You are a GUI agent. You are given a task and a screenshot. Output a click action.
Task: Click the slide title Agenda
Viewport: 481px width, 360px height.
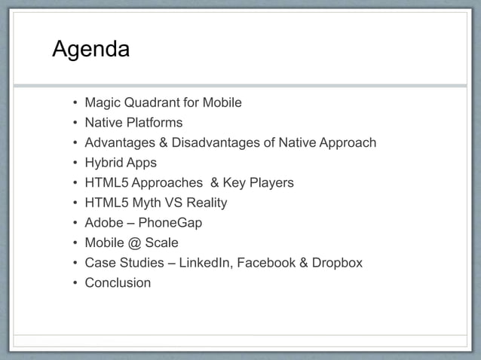(x=90, y=50)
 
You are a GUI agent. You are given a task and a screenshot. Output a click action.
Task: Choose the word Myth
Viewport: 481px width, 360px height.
(x=149, y=203)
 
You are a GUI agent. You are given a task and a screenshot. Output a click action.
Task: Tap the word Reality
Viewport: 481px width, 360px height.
(x=205, y=203)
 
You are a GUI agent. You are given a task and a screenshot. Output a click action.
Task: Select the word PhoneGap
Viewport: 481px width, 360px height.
(x=170, y=223)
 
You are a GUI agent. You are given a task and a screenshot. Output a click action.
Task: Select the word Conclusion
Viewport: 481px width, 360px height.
(x=118, y=283)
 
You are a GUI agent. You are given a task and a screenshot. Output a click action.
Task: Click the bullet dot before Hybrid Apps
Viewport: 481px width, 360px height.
(x=74, y=163)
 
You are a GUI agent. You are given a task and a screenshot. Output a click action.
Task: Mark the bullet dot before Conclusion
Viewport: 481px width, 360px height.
(x=74, y=284)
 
